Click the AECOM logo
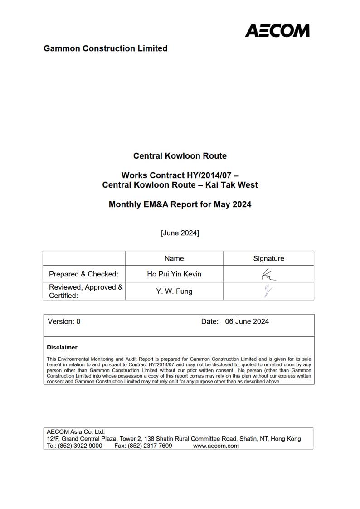[277, 30]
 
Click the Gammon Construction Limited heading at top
[105, 48]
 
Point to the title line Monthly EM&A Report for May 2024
[180, 204]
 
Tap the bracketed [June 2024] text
[180, 233]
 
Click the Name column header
[174, 258]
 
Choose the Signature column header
[268, 258]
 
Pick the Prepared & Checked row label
[83, 274]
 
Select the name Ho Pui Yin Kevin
[174, 274]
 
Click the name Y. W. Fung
[174, 291]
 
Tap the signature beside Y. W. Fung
[268, 291]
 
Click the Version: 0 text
[64, 321]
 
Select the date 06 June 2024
[247, 321]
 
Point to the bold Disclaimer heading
[62, 347]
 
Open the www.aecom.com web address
[216, 446]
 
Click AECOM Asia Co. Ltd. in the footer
[76, 432]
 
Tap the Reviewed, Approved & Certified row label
[85, 291]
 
